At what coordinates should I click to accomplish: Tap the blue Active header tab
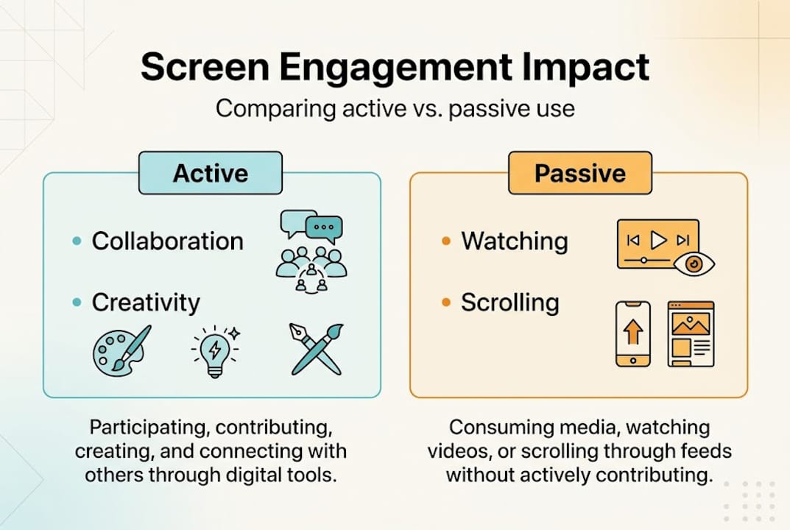pyautogui.click(x=211, y=173)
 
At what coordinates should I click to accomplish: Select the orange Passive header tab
pyautogui.click(x=579, y=173)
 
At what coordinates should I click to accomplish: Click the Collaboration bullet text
pyautogui.click(x=167, y=241)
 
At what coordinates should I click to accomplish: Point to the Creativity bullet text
pyautogui.click(x=146, y=303)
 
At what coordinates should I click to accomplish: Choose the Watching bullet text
pyautogui.click(x=515, y=241)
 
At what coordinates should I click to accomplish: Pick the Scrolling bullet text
pyautogui.click(x=510, y=303)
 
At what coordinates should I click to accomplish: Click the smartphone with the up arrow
pyautogui.click(x=632, y=333)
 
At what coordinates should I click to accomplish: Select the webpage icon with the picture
pyautogui.click(x=690, y=333)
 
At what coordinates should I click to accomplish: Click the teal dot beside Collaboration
pyautogui.click(x=77, y=241)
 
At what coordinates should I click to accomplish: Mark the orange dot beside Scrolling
pyautogui.click(x=446, y=303)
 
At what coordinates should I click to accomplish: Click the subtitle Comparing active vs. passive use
pyautogui.click(x=395, y=109)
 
